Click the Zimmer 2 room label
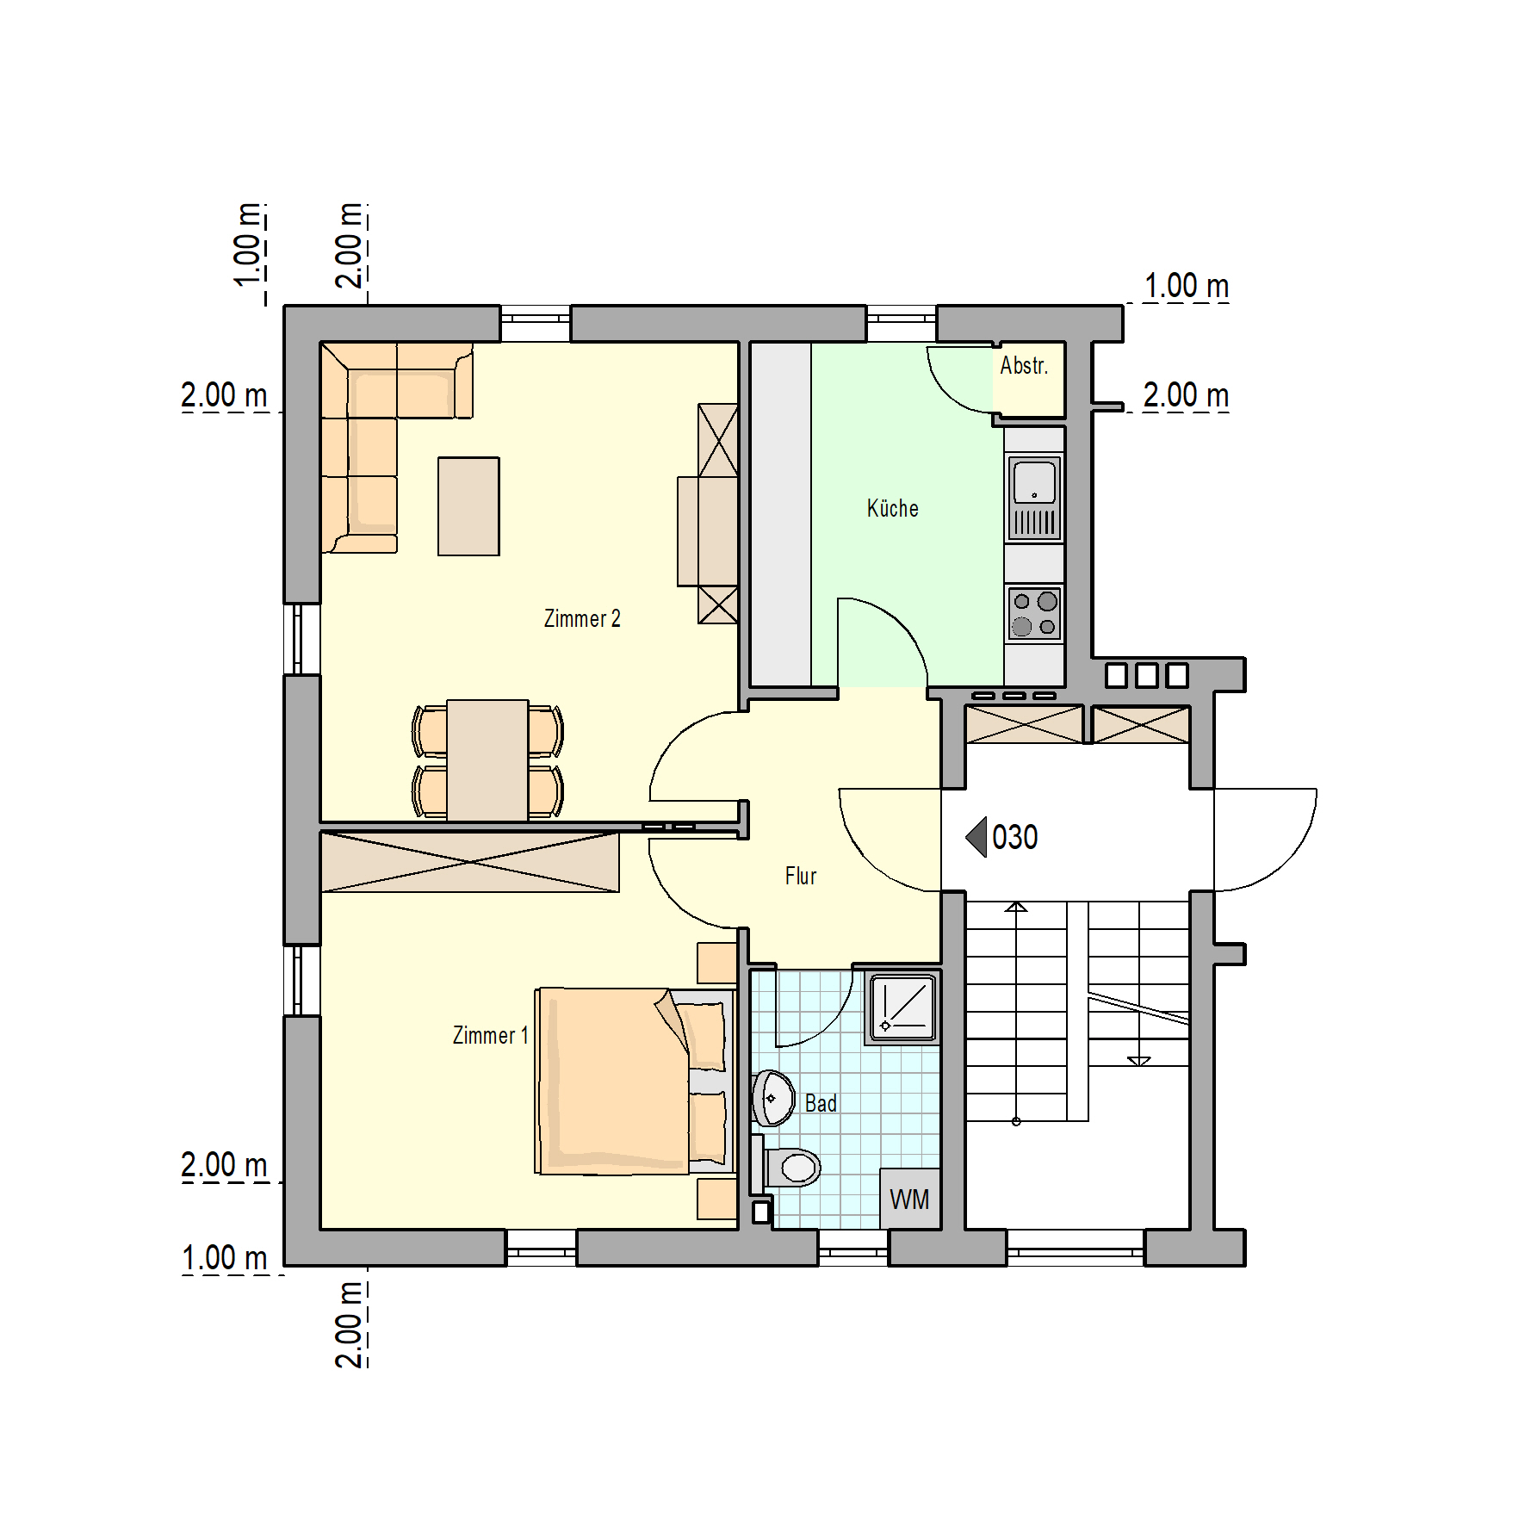pos(582,618)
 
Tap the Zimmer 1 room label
pos(490,1035)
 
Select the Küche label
pos(893,508)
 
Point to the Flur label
pos(801,876)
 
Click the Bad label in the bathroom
pos(821,1103)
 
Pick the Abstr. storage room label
pos(1024,365)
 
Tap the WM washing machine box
pos(909,1199)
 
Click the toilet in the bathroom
pos(790,1168)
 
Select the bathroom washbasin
pos(773,1099)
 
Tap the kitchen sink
pos(1034,498)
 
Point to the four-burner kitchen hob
pos(1034,614)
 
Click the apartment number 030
pos(1015,837)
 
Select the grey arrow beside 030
pos(976,837)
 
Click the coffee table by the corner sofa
pos(468,506)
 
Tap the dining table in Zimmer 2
pos(487,760)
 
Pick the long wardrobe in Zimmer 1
pos(470,861)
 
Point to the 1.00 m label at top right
pos(1186,286)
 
